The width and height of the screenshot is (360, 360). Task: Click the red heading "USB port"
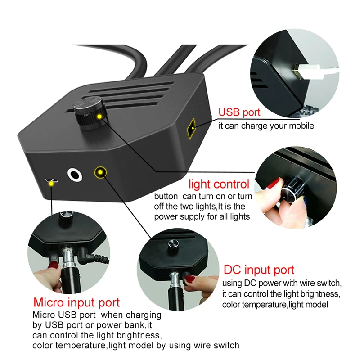[239, 112]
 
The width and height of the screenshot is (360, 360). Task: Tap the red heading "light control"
[219, 184]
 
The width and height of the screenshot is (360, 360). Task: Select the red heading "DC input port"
[259, 270]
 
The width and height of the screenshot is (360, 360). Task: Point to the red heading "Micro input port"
[76, 302]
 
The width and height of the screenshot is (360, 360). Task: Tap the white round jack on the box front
[74, 175]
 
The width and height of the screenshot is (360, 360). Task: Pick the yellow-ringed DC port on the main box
[99, 172]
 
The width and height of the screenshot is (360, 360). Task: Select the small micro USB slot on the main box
[52, 182]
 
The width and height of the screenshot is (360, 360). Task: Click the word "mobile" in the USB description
[301, 126]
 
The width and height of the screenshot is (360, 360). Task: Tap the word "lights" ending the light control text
[238, 216]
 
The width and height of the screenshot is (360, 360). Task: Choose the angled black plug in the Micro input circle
[92, 257]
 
